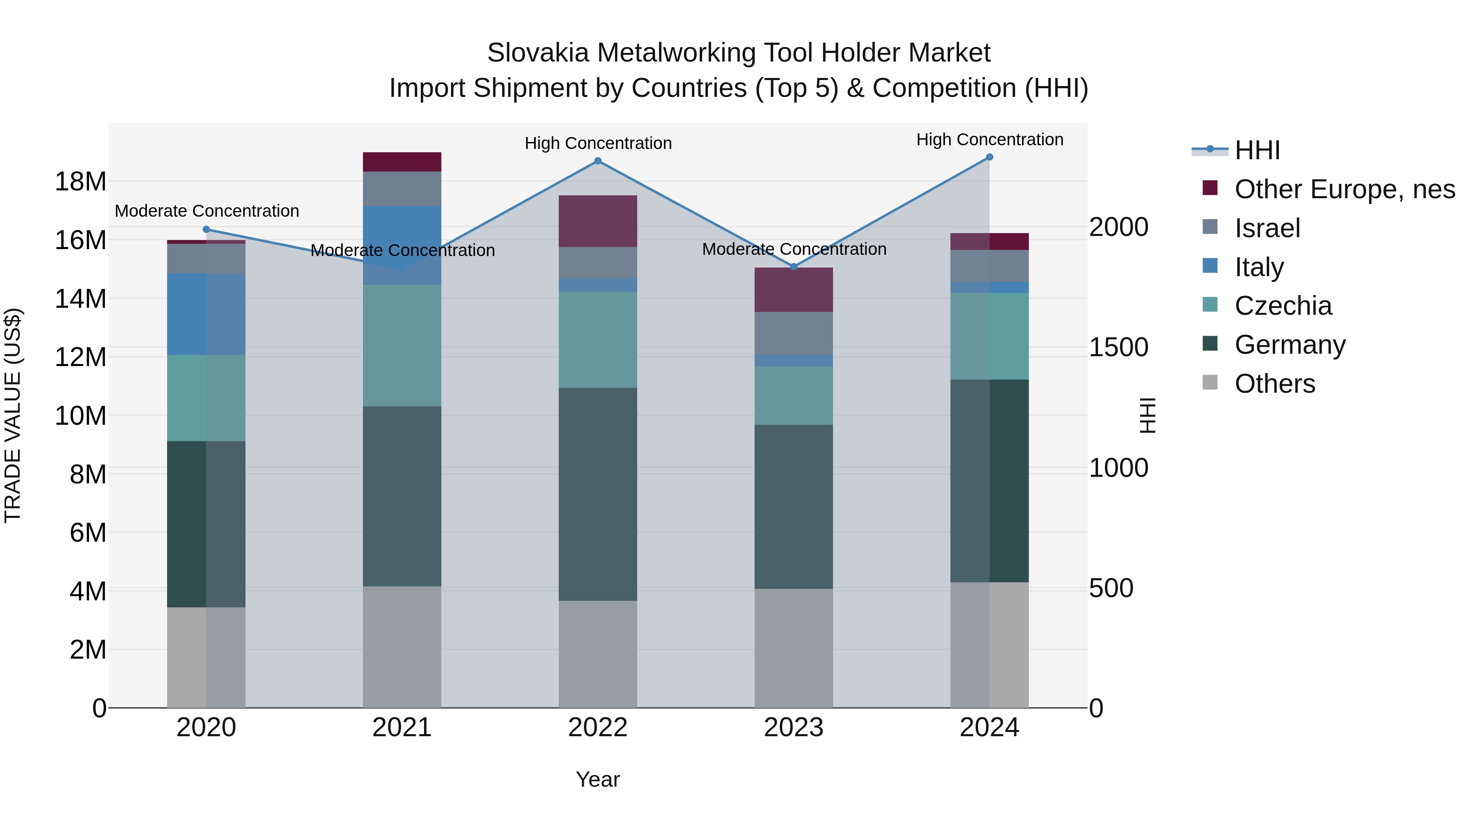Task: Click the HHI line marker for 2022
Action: point(598,161)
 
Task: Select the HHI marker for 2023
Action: point(794,267)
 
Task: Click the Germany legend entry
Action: point(1289,345)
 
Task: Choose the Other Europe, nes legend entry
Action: point(1344,189)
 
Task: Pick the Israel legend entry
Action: point(1267,228)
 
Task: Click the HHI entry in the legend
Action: point(1257,150)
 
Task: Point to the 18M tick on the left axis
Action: point(80,182)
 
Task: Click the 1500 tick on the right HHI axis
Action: point(1118,348)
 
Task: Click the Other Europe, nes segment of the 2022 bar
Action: point(598,221)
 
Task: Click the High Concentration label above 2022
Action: point(598,143)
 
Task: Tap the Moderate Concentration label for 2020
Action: point(207,211)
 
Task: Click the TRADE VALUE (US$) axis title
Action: point(13,415)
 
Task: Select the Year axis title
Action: point(598,779)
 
